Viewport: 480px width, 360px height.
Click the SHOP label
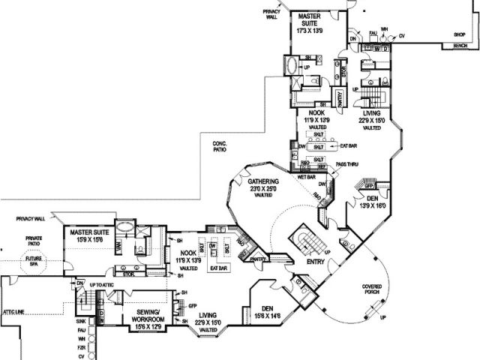(459, 34)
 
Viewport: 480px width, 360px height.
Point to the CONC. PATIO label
(219, 146)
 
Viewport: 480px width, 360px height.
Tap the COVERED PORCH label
(371, 289)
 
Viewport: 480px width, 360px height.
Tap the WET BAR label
(306, 177)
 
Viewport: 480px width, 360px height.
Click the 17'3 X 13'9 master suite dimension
(310, 31)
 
